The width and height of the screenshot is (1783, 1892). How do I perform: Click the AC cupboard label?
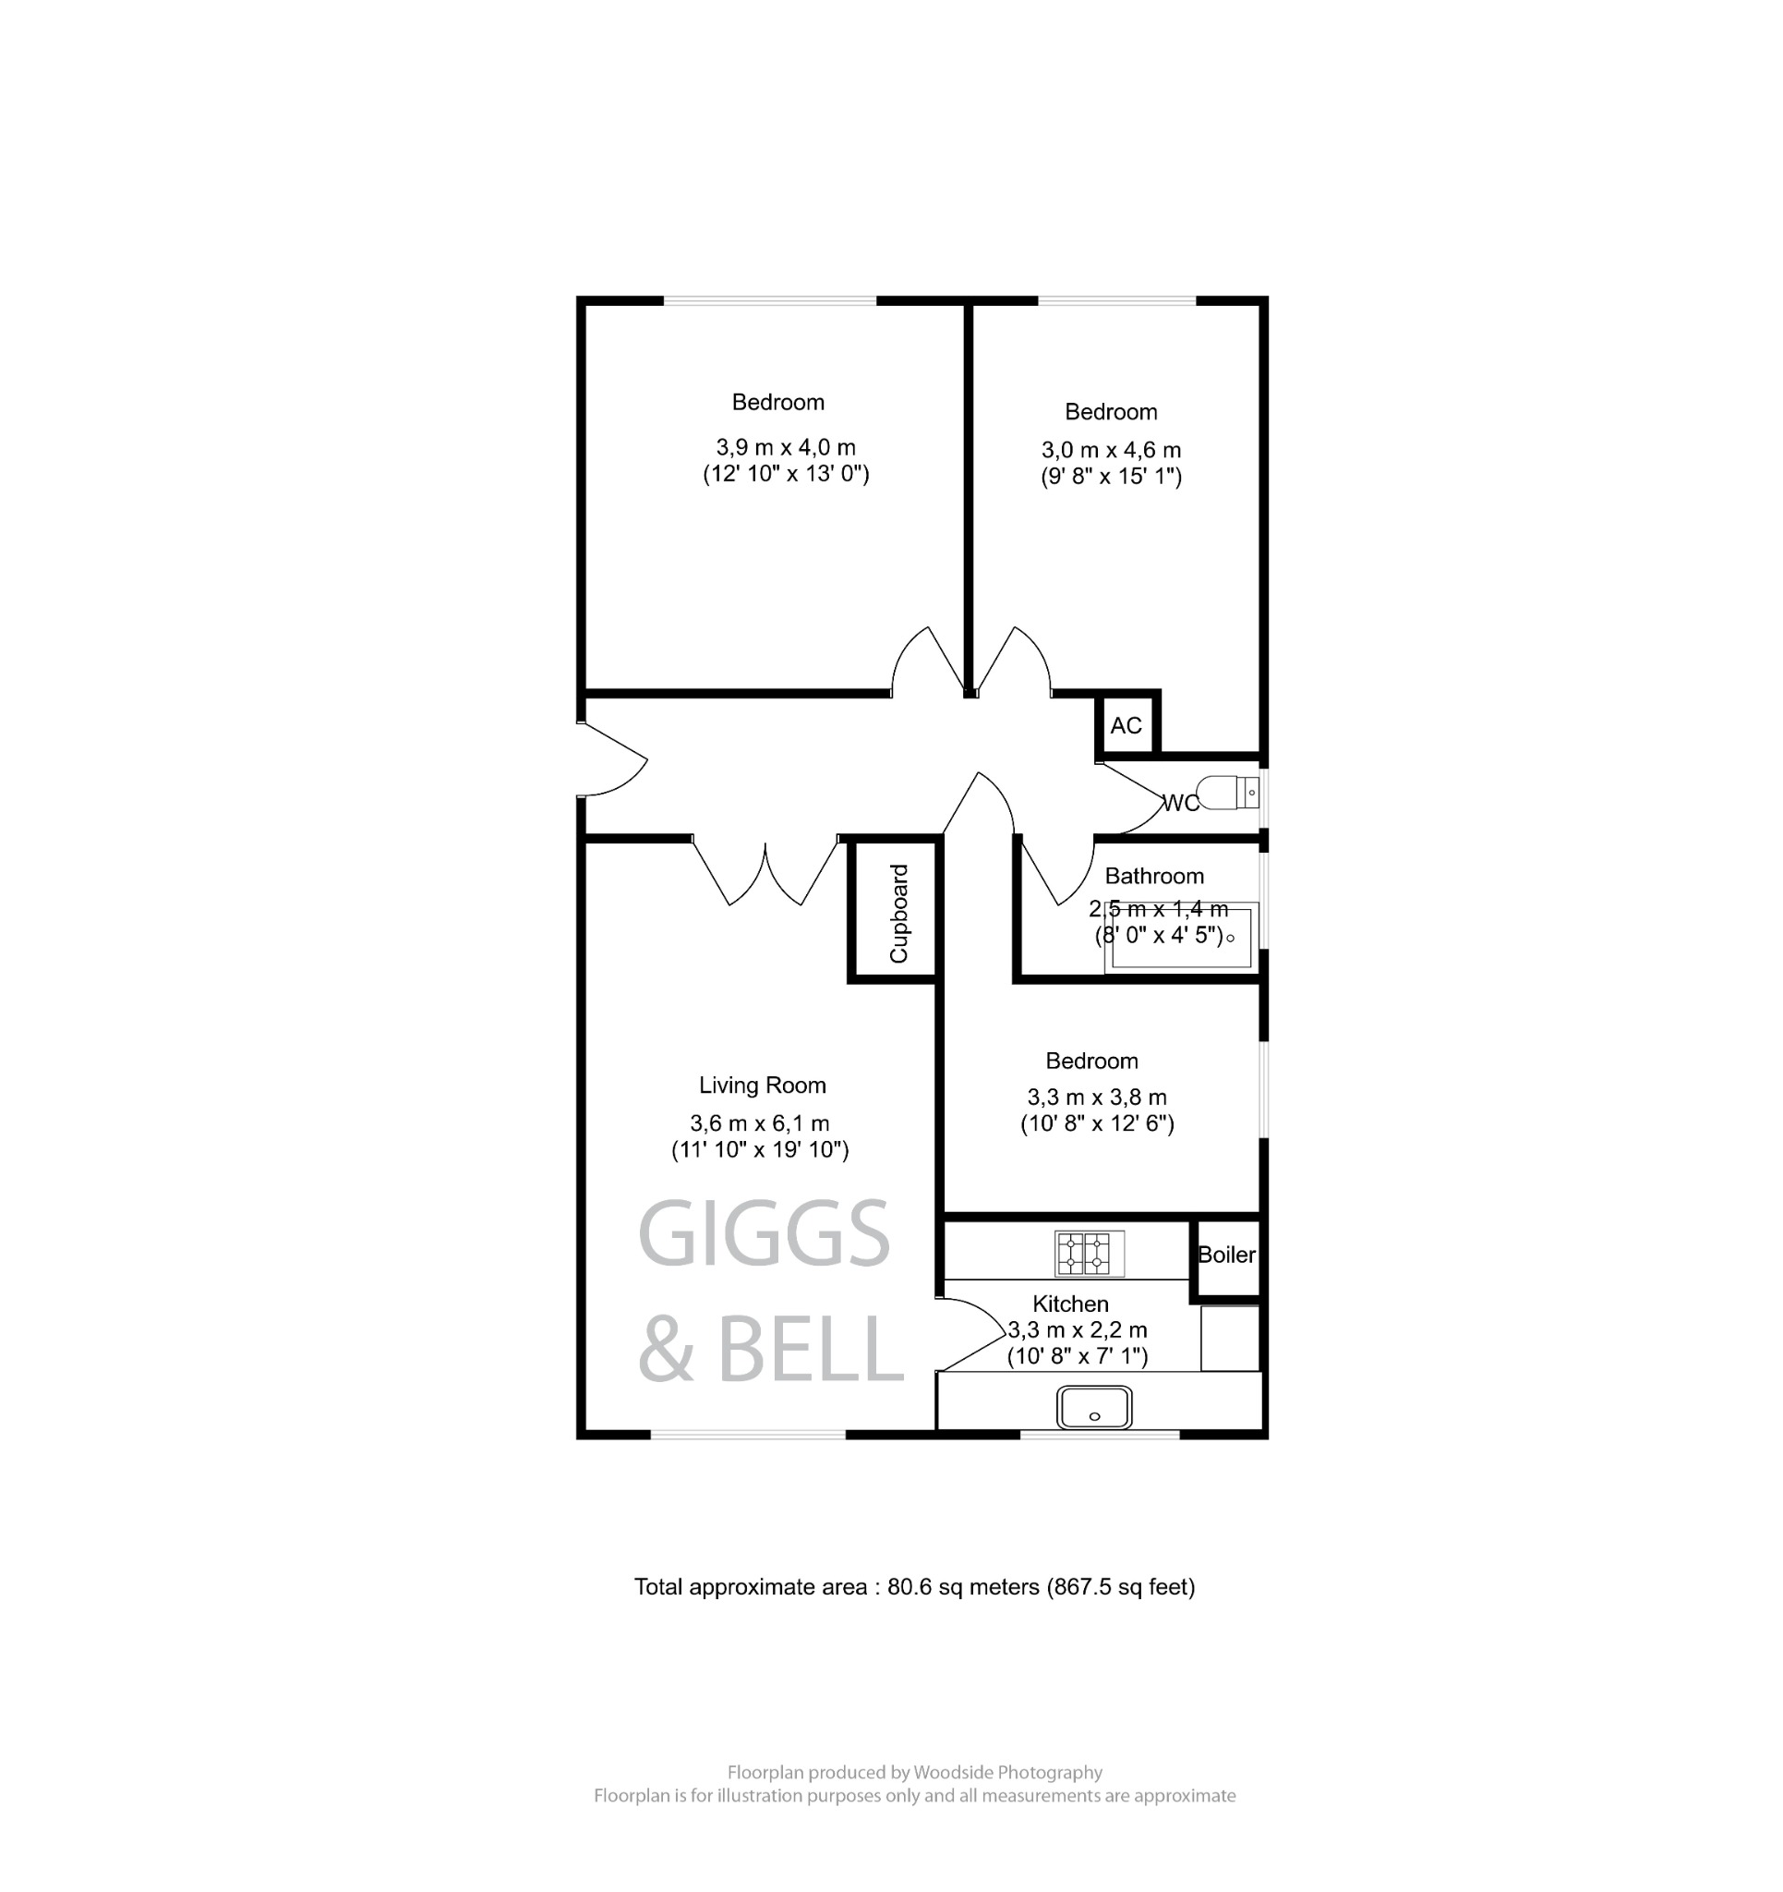point(1126,725)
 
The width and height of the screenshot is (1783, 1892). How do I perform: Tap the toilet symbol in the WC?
point(1226,792)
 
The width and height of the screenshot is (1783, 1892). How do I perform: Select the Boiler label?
point(1226,1255)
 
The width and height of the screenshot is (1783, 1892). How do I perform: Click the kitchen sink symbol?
point(1094,1408)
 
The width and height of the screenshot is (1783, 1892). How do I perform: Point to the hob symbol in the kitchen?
point(1090,1253)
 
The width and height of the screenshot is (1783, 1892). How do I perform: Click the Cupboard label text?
point(899,913)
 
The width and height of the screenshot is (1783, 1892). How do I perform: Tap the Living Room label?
point(762,1085)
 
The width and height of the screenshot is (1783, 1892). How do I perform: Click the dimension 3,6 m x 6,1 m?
point(759,1122)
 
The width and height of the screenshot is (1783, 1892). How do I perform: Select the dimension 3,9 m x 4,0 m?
point(785,446)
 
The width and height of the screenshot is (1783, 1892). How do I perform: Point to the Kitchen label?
point(1070,1303)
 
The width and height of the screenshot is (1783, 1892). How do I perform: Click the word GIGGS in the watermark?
point(763,1234)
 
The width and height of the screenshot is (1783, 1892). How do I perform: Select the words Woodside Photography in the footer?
point(1007,1772)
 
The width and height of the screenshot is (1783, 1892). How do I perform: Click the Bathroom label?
point(1153,876)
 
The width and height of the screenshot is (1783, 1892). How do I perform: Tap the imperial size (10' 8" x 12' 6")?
point(1097,1123)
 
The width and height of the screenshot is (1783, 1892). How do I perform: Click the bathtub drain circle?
point(1230,939)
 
